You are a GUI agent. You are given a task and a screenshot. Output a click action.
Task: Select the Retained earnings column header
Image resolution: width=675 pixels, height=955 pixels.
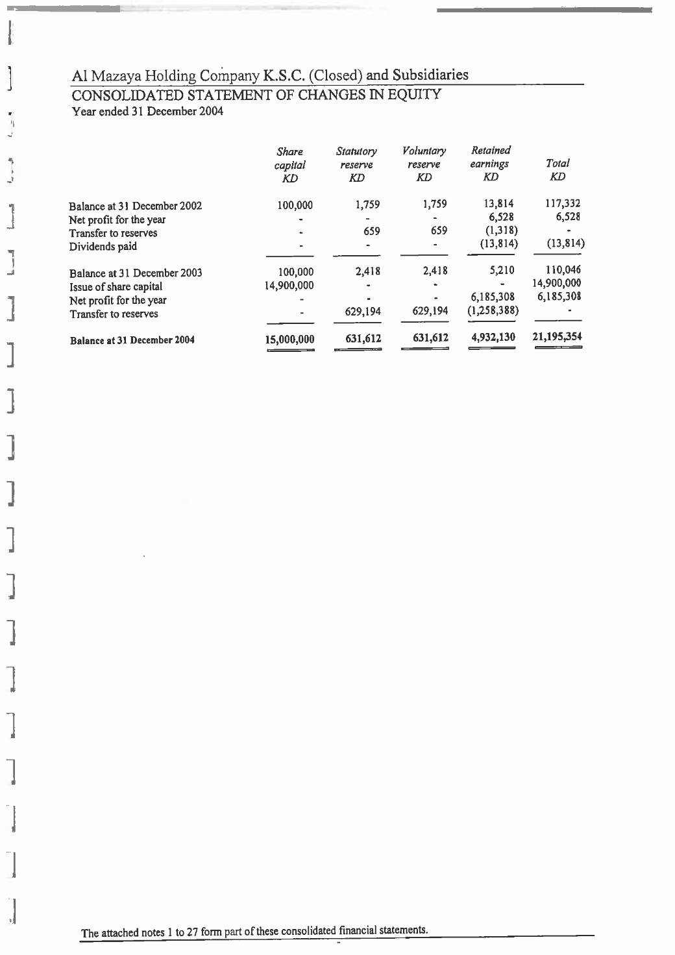pyautogui.click(x=490, y=164)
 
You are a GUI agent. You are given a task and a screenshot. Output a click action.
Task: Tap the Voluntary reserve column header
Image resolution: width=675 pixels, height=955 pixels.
pyautogui.click(x=424, y=164)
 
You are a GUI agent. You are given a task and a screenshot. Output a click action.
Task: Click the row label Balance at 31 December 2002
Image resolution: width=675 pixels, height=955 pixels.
pyautogui.click(x=136, y=206)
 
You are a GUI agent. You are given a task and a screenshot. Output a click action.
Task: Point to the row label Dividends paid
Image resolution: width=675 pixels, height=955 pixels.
pyautogui.click(x=103, y=247)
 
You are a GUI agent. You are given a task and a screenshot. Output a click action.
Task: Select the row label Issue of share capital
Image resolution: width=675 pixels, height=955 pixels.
pyautogui.click(x=116, y=287)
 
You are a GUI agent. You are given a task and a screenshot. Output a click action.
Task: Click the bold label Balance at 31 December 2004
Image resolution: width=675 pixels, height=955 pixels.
pyautogui.click(x=132, y=340)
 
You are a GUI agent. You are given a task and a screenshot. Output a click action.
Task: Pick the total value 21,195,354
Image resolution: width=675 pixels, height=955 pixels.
pyautogui.click(x=557, y=337)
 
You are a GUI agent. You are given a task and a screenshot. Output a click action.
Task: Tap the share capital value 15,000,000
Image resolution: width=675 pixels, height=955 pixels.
pyautogui.click(x=290, y=339)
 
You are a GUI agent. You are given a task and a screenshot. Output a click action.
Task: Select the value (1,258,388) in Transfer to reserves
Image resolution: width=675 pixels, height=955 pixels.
pyautogui.click(x=492, y=311)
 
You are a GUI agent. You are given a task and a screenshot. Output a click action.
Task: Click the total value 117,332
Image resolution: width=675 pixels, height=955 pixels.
pyautogui.click(x=562, y=205)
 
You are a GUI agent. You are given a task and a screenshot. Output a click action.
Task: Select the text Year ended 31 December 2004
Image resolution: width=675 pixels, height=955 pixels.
pyautogui.click(x=147, y=112)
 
